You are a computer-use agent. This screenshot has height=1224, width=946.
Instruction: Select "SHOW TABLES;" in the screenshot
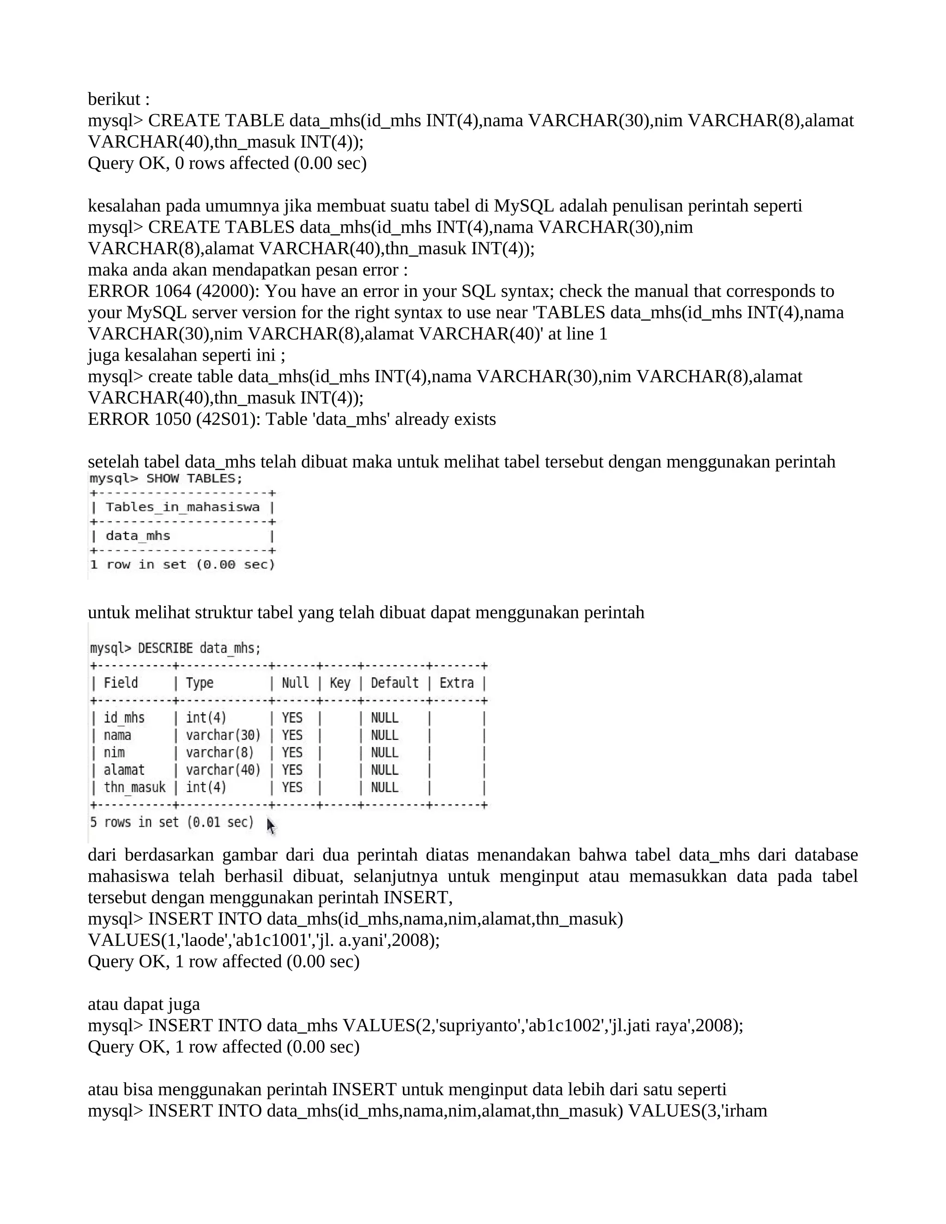(194, 479)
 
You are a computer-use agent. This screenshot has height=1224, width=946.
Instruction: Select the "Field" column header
(121, 683)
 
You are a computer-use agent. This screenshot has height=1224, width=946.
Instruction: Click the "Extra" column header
(456, 683)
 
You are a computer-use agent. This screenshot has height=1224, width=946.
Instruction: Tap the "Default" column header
(394, 683)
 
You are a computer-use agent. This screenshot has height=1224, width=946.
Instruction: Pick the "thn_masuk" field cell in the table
(134, 788)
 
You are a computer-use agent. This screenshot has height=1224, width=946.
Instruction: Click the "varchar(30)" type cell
(223, 735)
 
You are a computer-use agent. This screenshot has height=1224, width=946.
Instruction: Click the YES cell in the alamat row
(292, 770)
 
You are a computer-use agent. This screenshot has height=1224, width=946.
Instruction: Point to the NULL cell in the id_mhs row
(384, 718)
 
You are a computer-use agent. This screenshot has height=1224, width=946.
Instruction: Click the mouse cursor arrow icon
(271, 825)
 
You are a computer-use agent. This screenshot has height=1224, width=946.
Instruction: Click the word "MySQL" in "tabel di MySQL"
(523, 206)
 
